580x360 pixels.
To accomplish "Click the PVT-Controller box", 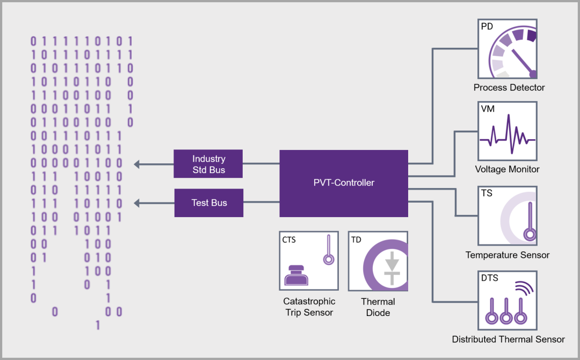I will pyautogui.click(x=344, y=183).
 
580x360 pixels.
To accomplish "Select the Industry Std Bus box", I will pyautogui.click(x=208, y=164).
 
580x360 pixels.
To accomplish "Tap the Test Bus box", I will pyautogui.click(x=208, y=203).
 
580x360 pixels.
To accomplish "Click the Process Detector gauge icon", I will pyautogui.click(x=508, y=49).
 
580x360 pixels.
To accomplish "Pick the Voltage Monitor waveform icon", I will pyautogui.click(x=508, y=131).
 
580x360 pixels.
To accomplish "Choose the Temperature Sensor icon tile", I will pyautogui.click(x=508, y=215).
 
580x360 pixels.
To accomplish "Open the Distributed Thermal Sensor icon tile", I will pyautogui.click(x=508, y=300).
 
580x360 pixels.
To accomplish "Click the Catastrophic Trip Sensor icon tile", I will pyautogui.click(x=309, y=261).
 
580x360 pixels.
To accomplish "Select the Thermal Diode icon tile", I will pyautogui.click(x=378, y=261).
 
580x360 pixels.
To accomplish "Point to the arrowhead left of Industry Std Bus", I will pyautogui.click(x=137, y=164).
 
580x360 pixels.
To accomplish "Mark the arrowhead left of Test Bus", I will pyautogui.click(x=137, y=203).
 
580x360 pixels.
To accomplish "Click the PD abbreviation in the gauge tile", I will pyautogui.click(x=487, y=26).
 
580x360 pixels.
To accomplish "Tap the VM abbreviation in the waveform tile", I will pyautogui.click(x=488, y=109).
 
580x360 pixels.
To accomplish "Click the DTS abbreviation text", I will pyautogui.click(x=489, y=278).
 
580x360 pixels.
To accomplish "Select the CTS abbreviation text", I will pyautogui.click(x=289, y=240).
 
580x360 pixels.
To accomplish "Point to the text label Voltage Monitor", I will pyautogui.click(x=508, y=169).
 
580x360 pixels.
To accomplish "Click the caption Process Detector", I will pyautogui.click(x=509, y=88).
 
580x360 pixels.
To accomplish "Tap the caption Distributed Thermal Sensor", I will pyautogui.click(x=508, y=339).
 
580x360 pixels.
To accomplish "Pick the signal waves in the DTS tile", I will pyautogui.click(x=524, y=289).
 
